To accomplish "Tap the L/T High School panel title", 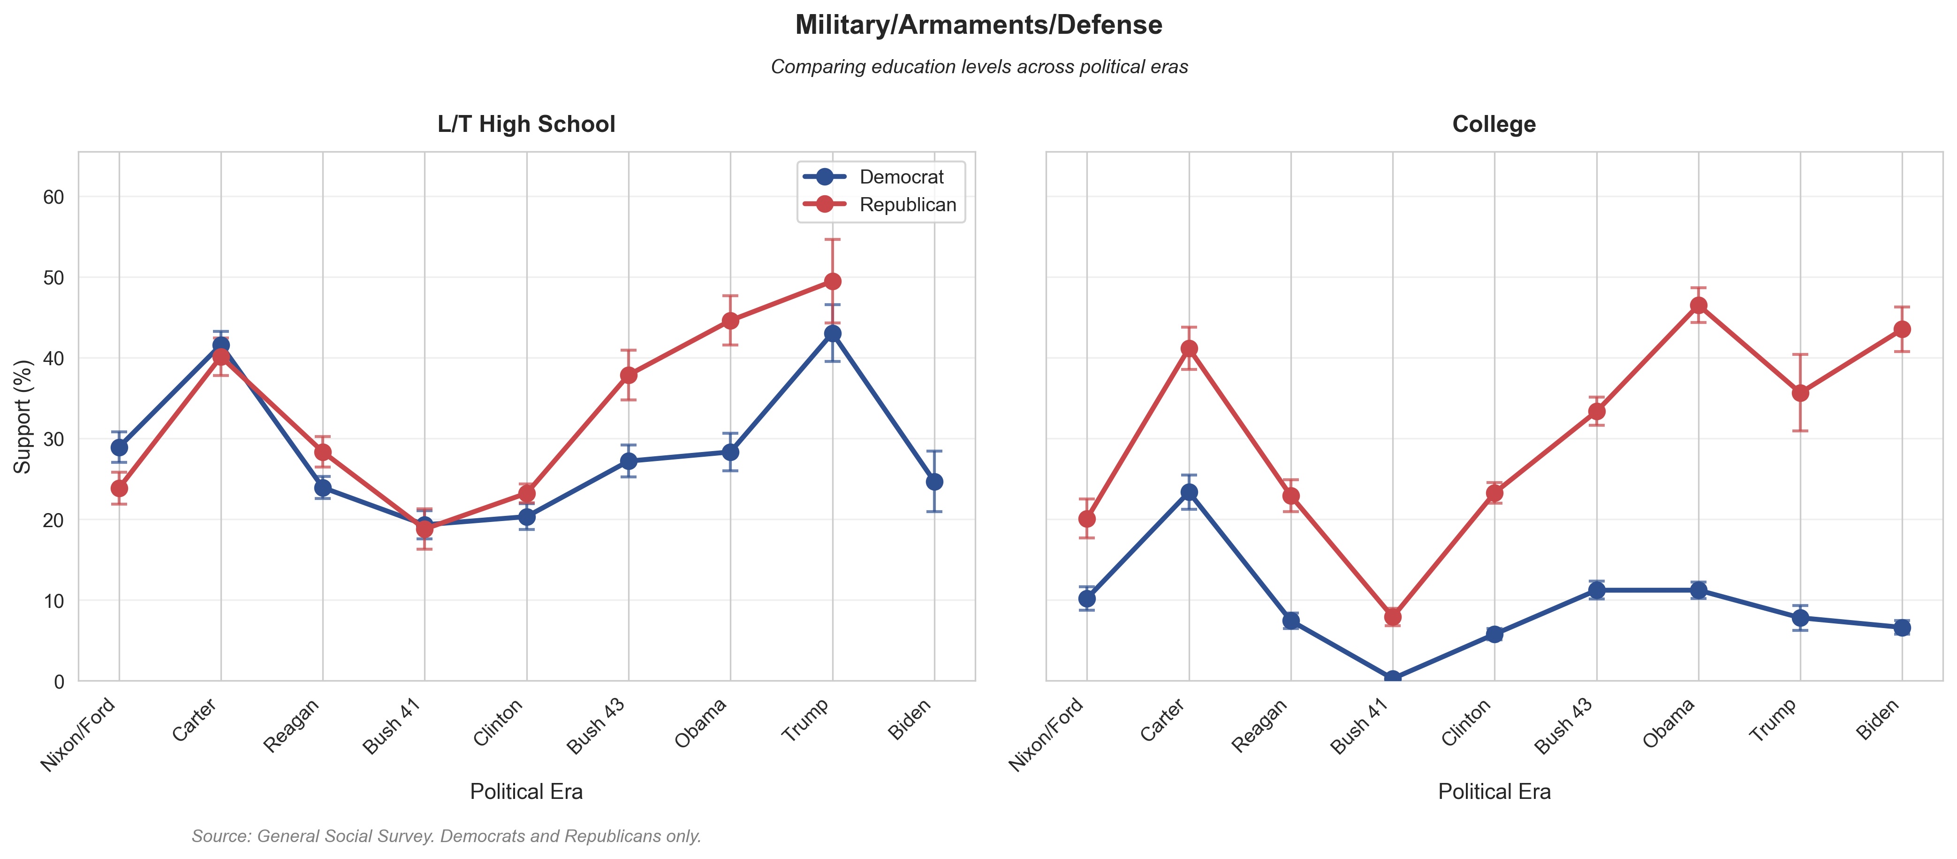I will click(x=526, y=124).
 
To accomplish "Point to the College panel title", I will click(x=1494, y=124).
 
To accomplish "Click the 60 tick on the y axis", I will click(x=53, y=197).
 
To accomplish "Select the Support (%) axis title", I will click(x=23, y=416).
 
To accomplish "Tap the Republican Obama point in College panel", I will click(x=1698, y=306).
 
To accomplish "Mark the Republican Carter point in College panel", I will click(x=1189, y=349).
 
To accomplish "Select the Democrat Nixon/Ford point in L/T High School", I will click(x=119, y=448).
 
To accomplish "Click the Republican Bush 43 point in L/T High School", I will click(x=628, y=376).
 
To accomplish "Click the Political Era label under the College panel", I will click(x=1494, y=791).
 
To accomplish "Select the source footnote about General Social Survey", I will click(x=446, y=836).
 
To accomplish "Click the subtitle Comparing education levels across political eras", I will click(x=978, y=67).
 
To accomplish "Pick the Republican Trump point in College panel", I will click(x=1800, y=393).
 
